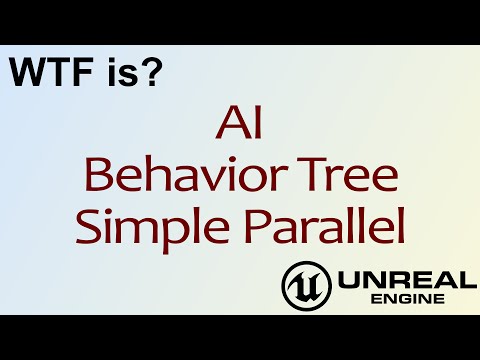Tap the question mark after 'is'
[x=150, y=72]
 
